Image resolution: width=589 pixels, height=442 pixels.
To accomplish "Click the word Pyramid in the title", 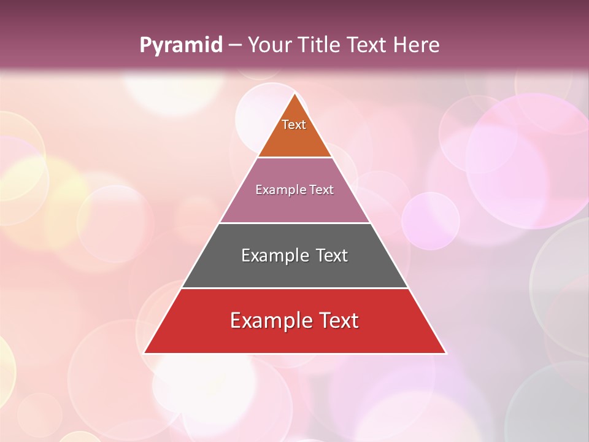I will coord(180,45).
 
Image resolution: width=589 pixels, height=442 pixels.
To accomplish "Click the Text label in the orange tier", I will coord(294,125).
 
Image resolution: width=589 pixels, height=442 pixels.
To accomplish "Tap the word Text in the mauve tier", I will coord(321,190).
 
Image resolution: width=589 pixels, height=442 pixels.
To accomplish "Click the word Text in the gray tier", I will coord(331,255).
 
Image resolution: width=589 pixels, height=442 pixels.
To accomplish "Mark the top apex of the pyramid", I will coord(294,93).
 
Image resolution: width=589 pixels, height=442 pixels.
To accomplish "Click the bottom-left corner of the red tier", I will coord(144,353).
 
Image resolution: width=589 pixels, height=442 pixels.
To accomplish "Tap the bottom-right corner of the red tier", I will coord(445,353).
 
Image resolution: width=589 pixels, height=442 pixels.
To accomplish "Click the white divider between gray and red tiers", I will coord(294,288).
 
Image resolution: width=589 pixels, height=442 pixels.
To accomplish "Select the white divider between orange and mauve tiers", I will coord(294,158).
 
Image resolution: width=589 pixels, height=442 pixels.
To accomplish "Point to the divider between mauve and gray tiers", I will coord(294,223).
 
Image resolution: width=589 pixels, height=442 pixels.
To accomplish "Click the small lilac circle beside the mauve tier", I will coord(430,220).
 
